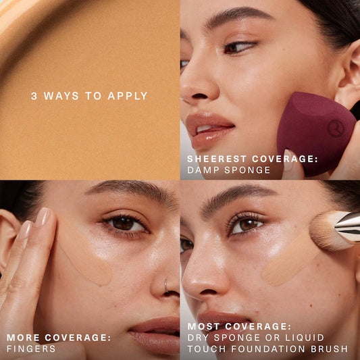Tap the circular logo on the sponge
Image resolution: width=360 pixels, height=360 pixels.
[x=336, y=128]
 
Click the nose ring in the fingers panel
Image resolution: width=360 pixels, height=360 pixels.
[x=165, y=286]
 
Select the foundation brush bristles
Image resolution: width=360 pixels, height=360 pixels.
[x=324, y=231]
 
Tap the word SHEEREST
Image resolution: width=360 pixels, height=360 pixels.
[x=217, y=159]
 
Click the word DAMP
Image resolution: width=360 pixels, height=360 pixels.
[x=203, y=170]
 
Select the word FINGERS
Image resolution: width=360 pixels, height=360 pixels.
[x=31, y=349]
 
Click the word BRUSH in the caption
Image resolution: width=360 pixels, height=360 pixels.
[x=329, y=349]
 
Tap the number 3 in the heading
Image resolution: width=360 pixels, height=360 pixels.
[x=34, y=96]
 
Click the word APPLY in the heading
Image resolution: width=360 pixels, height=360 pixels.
[x=128, y=96]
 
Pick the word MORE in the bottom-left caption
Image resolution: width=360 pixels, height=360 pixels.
[x=23, y=338]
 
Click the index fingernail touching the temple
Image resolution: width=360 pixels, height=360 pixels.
[x=43, y=217]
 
